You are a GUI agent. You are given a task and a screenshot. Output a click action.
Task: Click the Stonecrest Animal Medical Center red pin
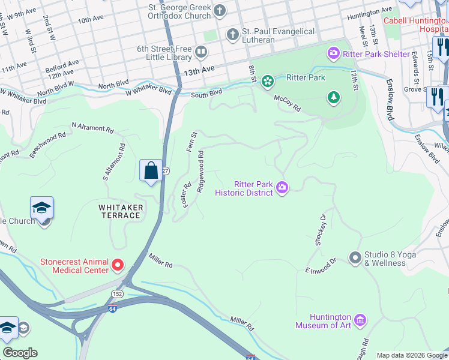118,265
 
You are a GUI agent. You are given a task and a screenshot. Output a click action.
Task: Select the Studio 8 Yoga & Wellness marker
355,257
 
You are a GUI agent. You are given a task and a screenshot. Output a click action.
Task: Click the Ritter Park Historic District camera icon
282,189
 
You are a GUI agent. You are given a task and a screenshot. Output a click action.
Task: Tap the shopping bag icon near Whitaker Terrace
151,171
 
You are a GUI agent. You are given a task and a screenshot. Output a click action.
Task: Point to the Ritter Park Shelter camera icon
333,54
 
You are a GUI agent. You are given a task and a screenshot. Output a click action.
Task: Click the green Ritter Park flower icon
267,80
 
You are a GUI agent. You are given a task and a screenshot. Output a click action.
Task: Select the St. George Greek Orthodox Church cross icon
220,10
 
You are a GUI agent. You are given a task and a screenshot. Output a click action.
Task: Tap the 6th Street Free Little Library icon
200,53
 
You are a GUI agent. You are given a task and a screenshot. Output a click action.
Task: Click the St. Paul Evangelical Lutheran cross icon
232,35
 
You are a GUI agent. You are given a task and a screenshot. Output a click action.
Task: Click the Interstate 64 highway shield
112,308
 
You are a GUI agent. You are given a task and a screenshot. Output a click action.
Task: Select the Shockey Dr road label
321,230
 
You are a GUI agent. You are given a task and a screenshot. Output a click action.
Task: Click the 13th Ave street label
199,70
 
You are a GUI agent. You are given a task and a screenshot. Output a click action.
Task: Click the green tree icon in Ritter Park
333,97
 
